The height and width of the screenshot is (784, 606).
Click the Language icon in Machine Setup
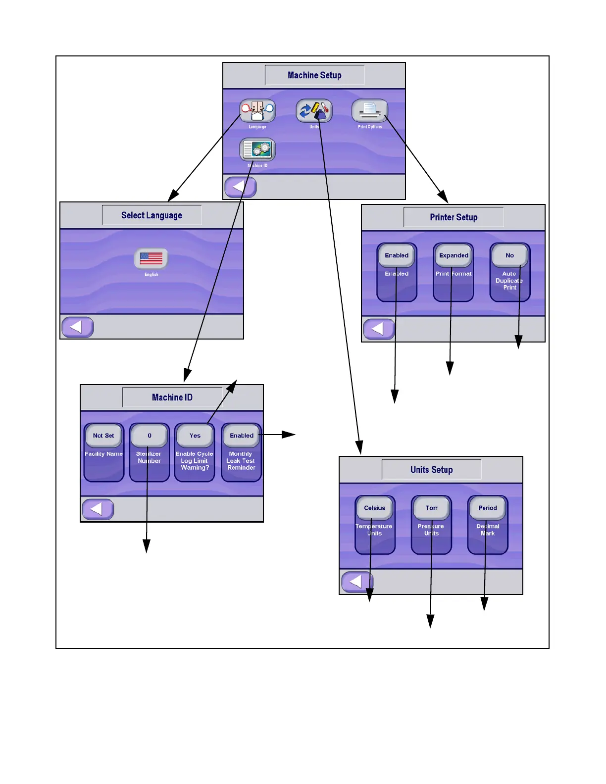pyautogui.click(x=257, y=111)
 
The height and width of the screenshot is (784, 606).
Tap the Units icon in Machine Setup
pyautogui.click(x=314, y=111)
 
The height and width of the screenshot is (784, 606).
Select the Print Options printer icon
pyautogui.click(x=369, y=111)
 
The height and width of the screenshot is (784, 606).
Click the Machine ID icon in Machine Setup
pyautogui.click(x=257, y=149)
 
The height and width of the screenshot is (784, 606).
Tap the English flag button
pyautogui.click(x=151, y=258)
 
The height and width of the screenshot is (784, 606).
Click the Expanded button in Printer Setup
pyautogui.click(x=454, y=255)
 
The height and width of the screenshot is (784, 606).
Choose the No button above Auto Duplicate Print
pyautogui.click(x=509, y=255)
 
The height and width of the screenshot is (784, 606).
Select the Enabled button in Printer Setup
pyautogui.click(x=397, y=255)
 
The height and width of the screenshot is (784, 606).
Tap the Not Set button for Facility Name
pyautogui.click(x=103, y=436)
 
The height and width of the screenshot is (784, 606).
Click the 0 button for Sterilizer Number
pyautogui.click(x=149, y=436)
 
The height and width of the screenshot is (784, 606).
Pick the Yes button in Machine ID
pyautogui.click(x=195, y=436)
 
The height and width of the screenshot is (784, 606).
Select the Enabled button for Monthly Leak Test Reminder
pyautogui.click(x=241, y=436)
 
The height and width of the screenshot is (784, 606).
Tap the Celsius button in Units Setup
pyautogui.click(x=375, y=508)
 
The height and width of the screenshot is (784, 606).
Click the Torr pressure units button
pyautogui.click(x=431, y=508)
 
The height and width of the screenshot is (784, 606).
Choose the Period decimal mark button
pyautogui.click(x=488, y=508)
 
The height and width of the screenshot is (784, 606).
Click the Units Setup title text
pyautogui.click(x=431, y=470)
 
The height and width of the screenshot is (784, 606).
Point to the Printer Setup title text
pyautogui.click(x=454, y=217)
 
